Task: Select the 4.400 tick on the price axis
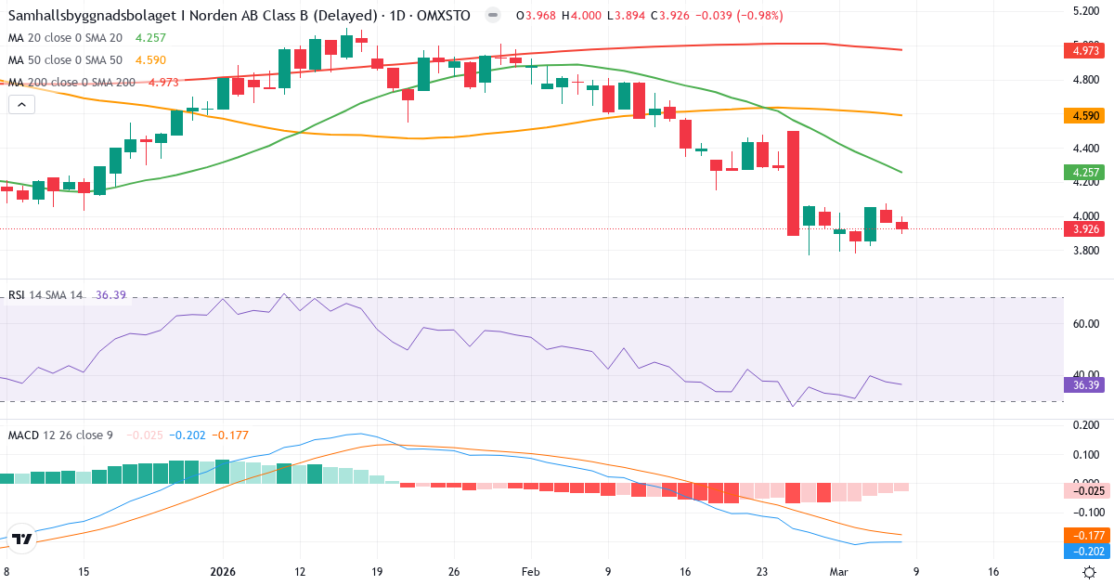coord(1087,149)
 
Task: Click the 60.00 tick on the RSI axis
coord(1086,324)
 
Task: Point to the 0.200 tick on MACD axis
coord(1087,425)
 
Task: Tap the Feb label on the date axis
coord(530,572)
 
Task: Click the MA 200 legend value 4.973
coord(163,82)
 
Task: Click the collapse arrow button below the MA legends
coord(21,104)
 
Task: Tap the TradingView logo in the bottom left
coord(22,539)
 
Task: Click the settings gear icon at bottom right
coord(1090,572)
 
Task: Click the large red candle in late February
coord(794,183)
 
